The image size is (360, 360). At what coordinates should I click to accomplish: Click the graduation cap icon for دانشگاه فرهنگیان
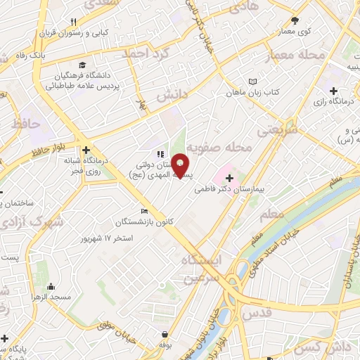click(x=84, y=63)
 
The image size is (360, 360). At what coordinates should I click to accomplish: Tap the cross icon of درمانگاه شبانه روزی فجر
click(x=86, y=150)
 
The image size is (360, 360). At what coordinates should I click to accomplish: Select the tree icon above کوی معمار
click(x=295, y=20)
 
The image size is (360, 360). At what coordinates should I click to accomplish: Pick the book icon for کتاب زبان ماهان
click(x=252, y=82)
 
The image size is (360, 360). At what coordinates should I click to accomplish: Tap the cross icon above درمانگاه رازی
click(x=333, y=90)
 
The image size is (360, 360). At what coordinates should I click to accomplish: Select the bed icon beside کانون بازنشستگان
click(x=144, y=212)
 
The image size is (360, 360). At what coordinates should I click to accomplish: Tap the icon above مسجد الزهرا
click(x=52, y=287)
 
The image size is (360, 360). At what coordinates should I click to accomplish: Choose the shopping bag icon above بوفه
click(x=165, y=334)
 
